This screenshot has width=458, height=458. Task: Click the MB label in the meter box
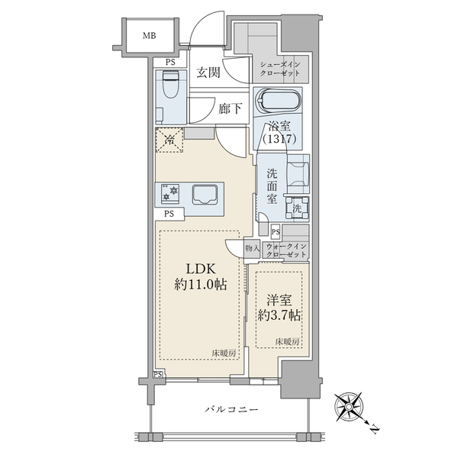pos(150,36)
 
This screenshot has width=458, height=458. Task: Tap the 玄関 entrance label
pos(208,73)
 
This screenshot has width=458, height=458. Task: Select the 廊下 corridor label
pos(231,108)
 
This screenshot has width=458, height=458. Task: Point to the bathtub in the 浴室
pos(278,101)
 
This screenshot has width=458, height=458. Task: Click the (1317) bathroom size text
pos(279,139)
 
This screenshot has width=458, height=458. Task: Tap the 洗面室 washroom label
pos(272,186)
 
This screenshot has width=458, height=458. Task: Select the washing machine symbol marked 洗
pos(298,208)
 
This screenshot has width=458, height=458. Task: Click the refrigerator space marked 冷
pos(169,140)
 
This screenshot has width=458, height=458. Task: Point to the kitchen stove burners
pos(170,194)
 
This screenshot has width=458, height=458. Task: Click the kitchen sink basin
pos(205,194)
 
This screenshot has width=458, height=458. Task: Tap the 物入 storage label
pos(252,249)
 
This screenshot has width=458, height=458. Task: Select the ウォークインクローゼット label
pos(286,250)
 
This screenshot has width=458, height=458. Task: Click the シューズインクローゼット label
pos(280,69)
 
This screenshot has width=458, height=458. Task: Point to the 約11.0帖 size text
pos(200,284)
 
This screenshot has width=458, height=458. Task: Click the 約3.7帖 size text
pos(279,315)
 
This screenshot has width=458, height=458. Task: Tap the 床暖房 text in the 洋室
pos(287,342)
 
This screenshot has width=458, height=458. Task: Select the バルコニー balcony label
pos(231,409)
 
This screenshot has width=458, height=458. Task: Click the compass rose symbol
pos(349,407)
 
